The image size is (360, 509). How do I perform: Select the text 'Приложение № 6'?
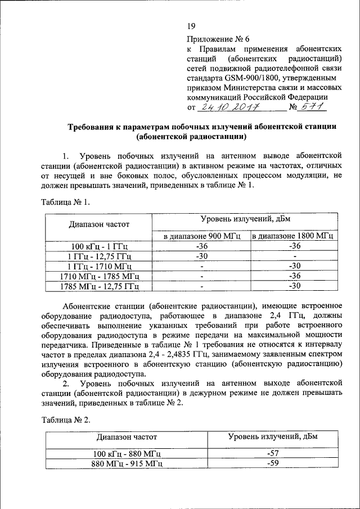pos(217,39)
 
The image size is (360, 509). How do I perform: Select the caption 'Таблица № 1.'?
pos(65,202)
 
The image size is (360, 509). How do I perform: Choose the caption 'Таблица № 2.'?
pos(65,420)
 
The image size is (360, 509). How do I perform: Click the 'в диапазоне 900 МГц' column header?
pos(200,236)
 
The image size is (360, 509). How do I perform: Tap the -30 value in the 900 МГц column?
pos(200,256)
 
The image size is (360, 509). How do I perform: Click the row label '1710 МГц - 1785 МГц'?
pos(100,276)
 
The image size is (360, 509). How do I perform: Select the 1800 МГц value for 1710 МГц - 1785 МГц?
pos(292,276)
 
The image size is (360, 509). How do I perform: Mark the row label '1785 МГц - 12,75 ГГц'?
pos(100,286)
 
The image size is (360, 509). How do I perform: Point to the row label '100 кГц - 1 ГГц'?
pos(100,246)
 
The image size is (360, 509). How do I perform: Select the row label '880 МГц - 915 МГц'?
pos(127,463)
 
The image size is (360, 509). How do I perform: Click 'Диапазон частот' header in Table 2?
pos(127,436)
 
